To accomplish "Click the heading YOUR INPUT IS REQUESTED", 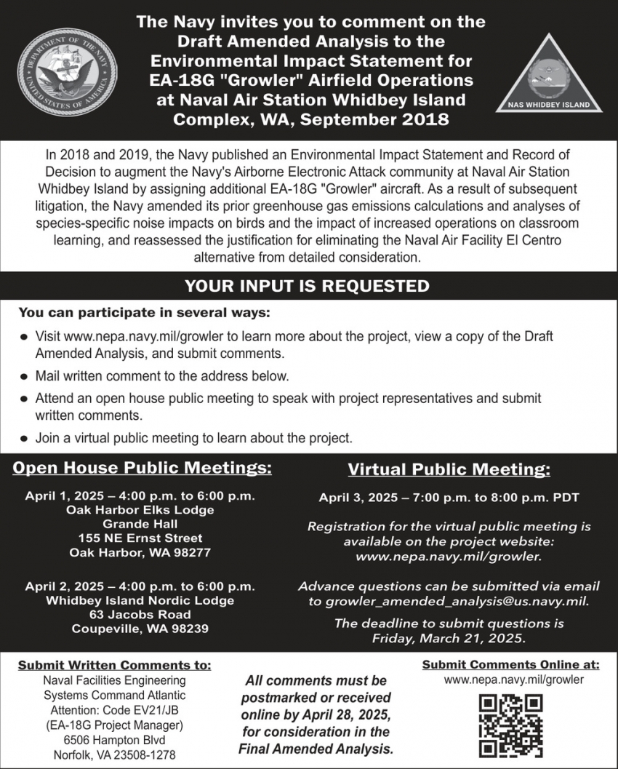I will (307, 286).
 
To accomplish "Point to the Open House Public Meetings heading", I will (142, 467).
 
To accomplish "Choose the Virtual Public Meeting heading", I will (449, 469).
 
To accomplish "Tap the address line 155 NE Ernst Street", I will (140, 538).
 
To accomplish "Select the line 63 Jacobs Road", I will (140, 615).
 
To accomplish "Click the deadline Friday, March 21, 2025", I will (449, 639).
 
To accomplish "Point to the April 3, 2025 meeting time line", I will (449, 498).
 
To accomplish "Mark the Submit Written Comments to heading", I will (115, 665).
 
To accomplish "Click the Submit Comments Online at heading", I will (510, 664).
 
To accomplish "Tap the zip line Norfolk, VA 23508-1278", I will (114, 754).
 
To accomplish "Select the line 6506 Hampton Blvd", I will (114, 740).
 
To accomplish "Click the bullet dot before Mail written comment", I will (24, 377).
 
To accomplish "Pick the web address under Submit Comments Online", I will (513, 680).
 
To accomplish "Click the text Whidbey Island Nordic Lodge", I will (140, 600).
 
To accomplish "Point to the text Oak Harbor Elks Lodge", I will (140, 510).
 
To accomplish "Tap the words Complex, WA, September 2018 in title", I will (310, 119).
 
